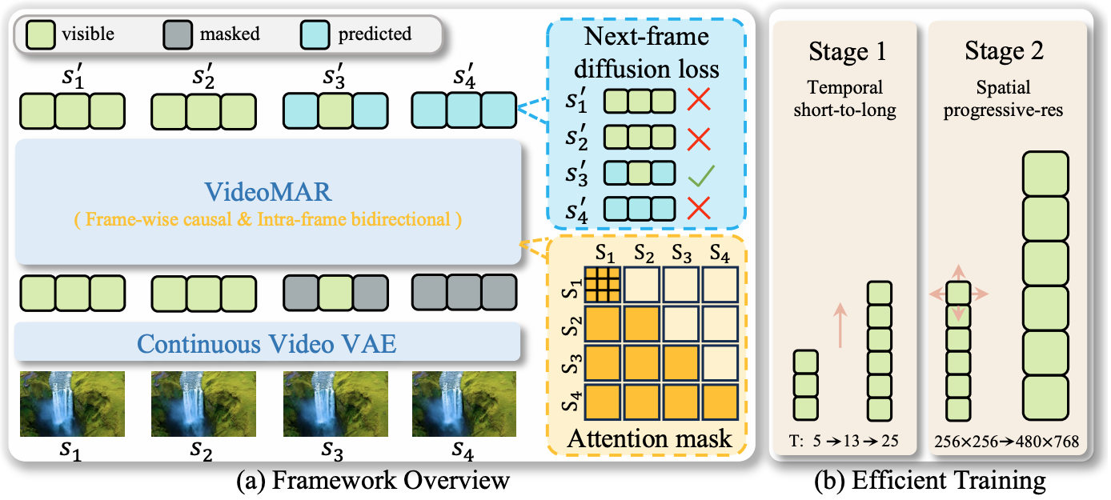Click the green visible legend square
pyautogui.click(x=39, y=34)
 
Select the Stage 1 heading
pyautogui.click(x=846, y=54)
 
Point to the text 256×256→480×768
pyautogui.click(x=1006, y=442)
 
